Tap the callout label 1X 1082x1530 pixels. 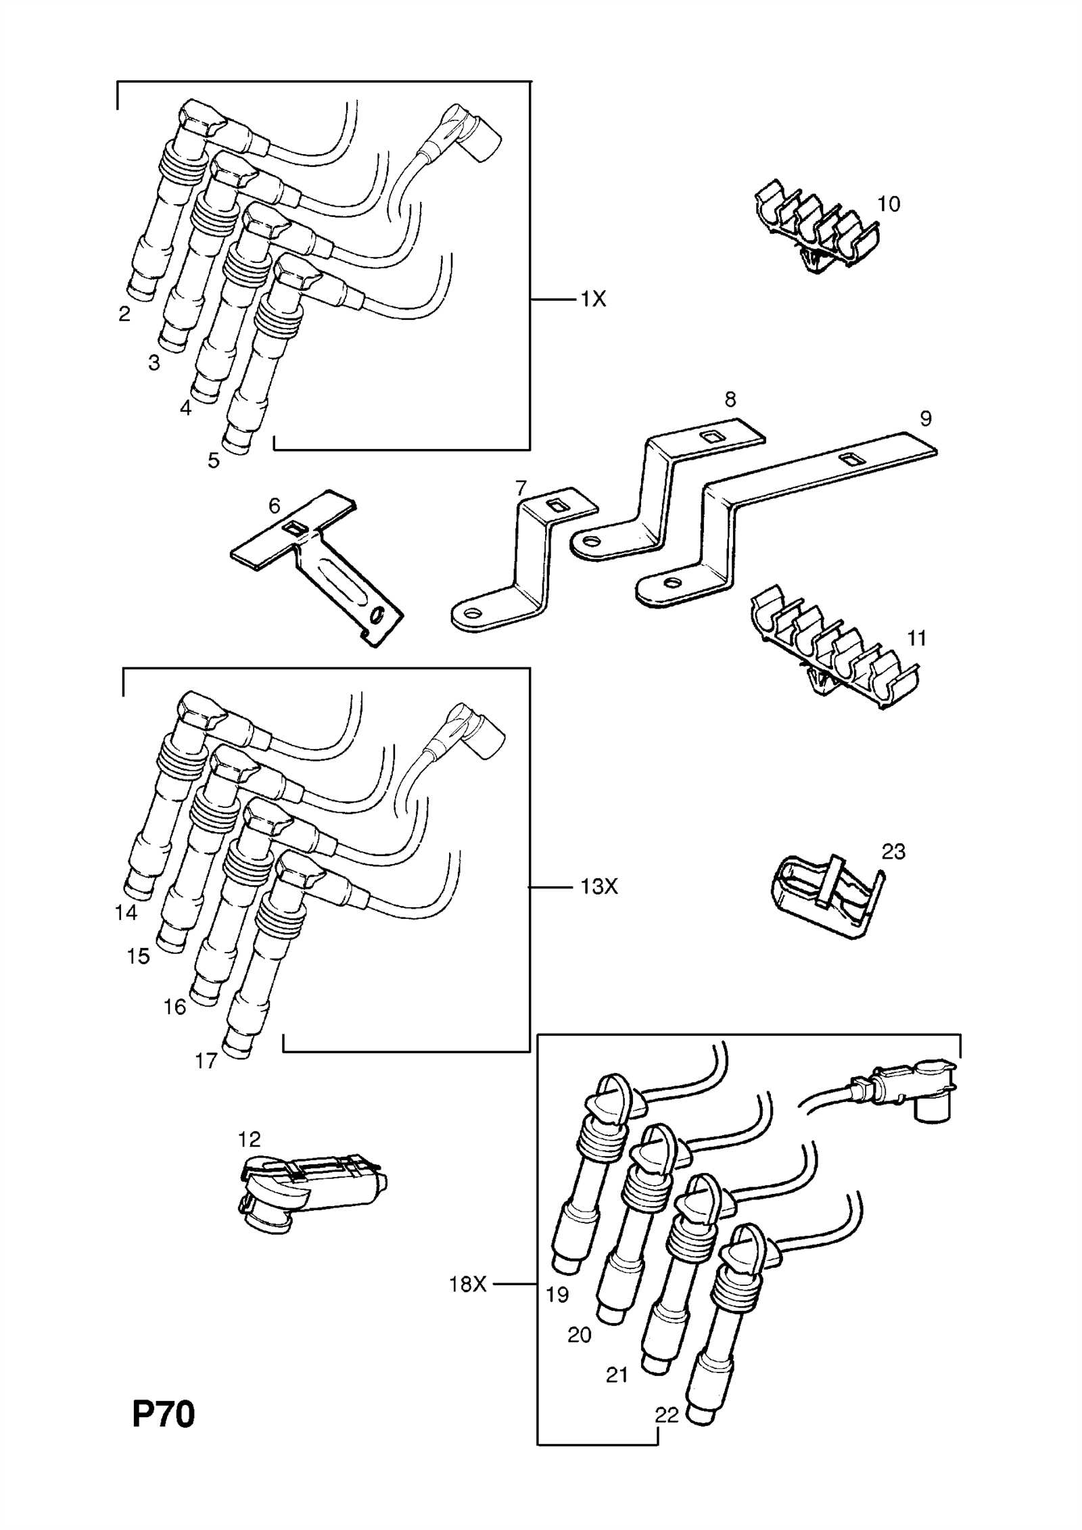coord(593,299)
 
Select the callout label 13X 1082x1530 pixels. coord(598,886)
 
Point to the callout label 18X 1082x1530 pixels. coord(468,1284)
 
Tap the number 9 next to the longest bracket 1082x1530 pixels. coord(926,419)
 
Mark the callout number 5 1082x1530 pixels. coord(214,461)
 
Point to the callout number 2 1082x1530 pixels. coord(124,314)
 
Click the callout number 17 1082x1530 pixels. coord(206,1061)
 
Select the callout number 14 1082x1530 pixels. coord(126,913)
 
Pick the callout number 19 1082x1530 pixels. coord(558,1295)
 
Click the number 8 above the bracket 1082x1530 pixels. coord(730,400)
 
